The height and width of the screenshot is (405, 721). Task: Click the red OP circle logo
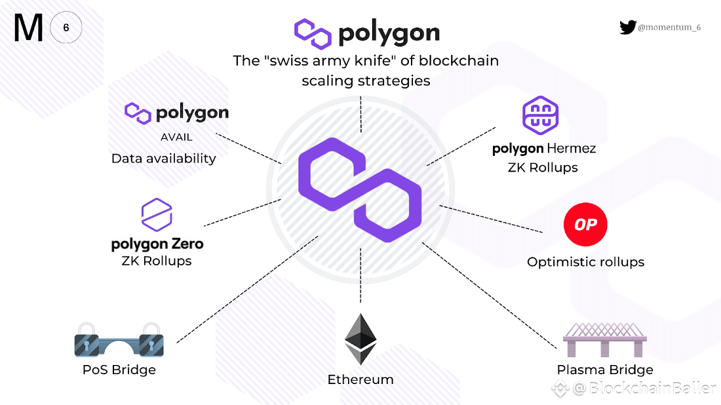585,225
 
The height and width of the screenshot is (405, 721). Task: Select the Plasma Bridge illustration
604,339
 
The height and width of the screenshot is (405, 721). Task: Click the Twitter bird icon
627,28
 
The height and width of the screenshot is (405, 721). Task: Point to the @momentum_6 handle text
669,28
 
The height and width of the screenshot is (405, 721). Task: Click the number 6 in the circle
66,28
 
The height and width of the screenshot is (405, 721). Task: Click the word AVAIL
176,138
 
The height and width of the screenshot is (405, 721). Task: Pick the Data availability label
163,158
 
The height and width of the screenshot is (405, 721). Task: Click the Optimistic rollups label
585,262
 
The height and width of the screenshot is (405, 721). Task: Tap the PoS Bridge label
119,370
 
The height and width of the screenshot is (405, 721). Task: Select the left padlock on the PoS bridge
87,339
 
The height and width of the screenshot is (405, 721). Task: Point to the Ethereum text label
360,379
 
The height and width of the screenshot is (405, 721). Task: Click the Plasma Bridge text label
604,370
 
